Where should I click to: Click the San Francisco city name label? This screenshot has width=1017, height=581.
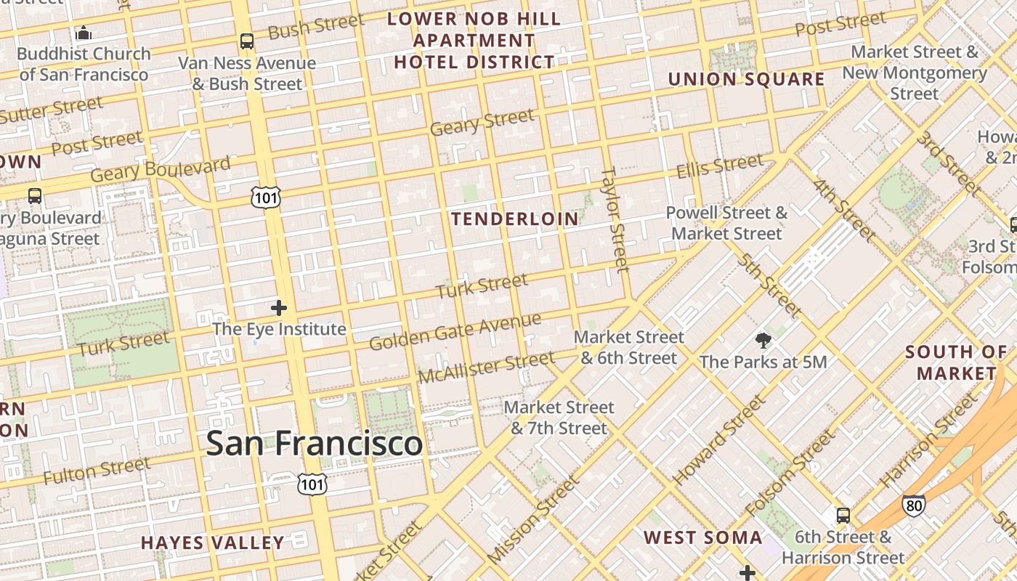click(x=314, y=443)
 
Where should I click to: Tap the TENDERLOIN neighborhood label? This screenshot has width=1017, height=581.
click(x=515, y=219)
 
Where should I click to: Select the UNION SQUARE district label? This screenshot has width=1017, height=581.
click(x=746, y=79)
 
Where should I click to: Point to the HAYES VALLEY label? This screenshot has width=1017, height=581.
click(x=213, y=543)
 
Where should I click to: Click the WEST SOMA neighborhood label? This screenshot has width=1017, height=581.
click(x=703, y=537)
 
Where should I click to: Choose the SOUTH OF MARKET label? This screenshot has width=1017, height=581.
click(x=956, y=362)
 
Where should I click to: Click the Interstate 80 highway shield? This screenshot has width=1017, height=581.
click(x=914, y=505)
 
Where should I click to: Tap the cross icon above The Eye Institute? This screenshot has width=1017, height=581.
click(x=279, y=308)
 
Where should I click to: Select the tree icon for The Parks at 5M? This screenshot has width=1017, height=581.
click(x=763, y=340)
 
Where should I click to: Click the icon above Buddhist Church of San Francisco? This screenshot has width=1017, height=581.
click(x=84, y=33)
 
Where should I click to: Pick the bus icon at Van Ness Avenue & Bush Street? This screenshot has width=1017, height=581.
click(x=247, y=41)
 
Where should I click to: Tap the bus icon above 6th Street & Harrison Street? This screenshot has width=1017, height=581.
click(x=843, y=516)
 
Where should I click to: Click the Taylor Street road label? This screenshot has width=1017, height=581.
click(x=614, y=219)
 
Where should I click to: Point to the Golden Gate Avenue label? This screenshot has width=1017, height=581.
click(x=455, y=331)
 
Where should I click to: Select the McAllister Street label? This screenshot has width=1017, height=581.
click(x=486, y=367)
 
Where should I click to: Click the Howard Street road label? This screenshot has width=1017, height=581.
click(x=719, y=441)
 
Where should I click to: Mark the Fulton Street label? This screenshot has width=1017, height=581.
click(x=97, y=471)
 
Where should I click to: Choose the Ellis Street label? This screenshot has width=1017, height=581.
click(x=720, y=166)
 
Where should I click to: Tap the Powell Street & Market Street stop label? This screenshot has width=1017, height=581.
click(x=726, y=223)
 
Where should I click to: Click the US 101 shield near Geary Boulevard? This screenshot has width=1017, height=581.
click(x=267, y=196)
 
